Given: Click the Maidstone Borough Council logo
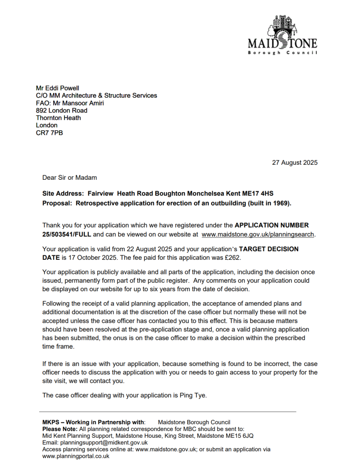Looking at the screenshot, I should click(x=282, y=35).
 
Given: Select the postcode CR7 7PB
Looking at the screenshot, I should click(x=50, y=132).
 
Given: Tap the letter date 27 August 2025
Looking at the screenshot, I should click(x=294, y=162).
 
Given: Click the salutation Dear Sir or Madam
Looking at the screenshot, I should click(x=70, y=177).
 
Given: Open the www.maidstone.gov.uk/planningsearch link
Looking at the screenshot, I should click(x=258, y=234).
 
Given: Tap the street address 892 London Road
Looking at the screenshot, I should click(x=61, y=110).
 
